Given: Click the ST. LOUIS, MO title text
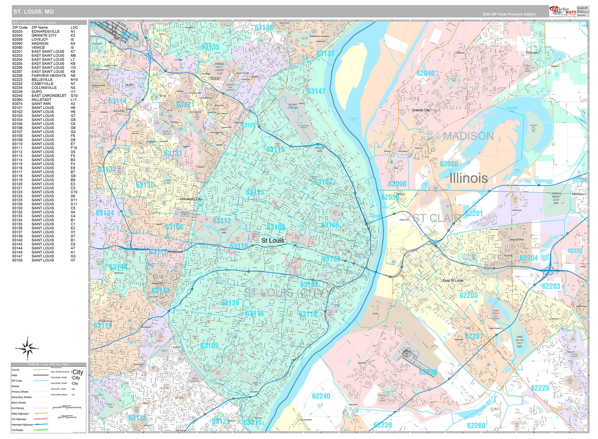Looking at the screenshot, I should tap(34, 12).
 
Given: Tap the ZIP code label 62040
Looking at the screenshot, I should tap(425, 73).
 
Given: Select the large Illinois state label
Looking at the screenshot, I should tap(468, 178).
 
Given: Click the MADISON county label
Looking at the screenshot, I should tap(468, 136).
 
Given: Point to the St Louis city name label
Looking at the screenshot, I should tap(272, 241).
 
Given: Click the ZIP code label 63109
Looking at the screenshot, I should tap(209, 346).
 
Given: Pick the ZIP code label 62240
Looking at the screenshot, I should tap(321, 396).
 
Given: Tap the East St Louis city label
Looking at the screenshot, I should tap(453, 280).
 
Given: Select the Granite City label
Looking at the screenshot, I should tap(421, 110).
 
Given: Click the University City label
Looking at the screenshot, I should tap(191, 199).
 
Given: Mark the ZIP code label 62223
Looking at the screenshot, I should tap(540, 388).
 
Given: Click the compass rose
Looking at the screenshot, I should tap(27, 348).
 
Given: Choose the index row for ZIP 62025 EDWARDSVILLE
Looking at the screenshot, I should tap(45, 31).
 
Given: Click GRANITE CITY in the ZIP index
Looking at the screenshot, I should tap(44, 35).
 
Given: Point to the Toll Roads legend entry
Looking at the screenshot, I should tap(17, 430).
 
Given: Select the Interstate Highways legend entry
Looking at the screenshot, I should tap(22, 424).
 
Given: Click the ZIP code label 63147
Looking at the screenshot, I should tap(316, 91).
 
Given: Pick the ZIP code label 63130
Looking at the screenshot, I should tap(145, 185).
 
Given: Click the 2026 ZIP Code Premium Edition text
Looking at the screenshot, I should tap(509, 14).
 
